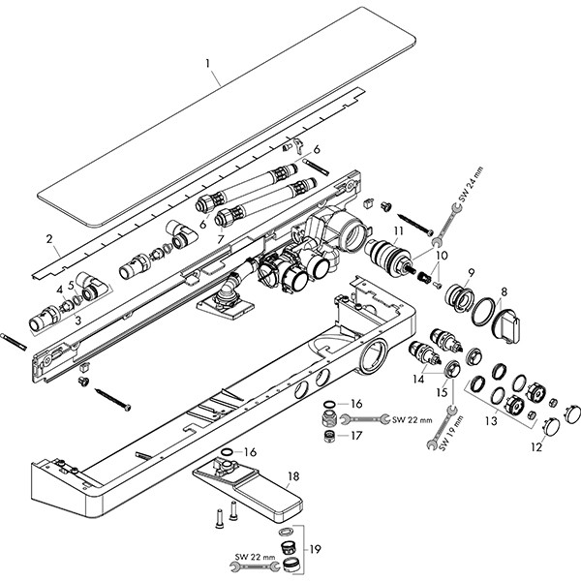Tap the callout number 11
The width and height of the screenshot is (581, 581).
(398, 229)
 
